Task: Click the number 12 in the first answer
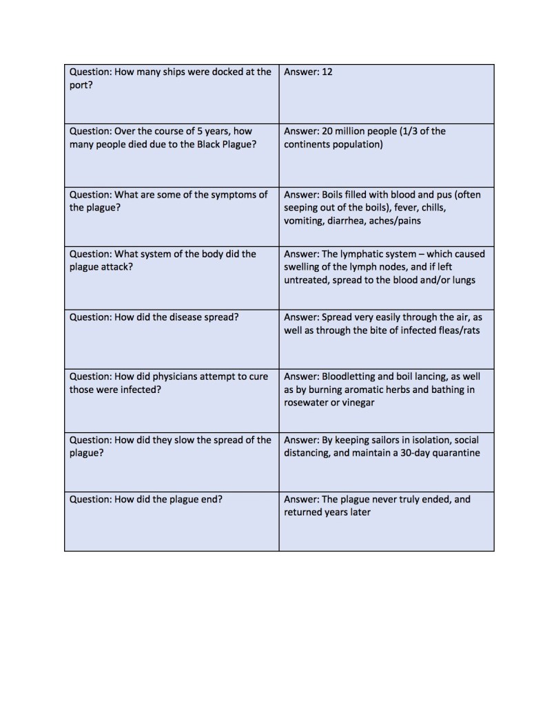327,72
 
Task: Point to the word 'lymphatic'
363,254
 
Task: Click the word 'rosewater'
307,403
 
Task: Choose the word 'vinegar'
358,403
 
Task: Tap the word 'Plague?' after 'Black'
238,145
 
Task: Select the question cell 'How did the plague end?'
171,521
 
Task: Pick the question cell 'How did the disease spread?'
171,337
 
